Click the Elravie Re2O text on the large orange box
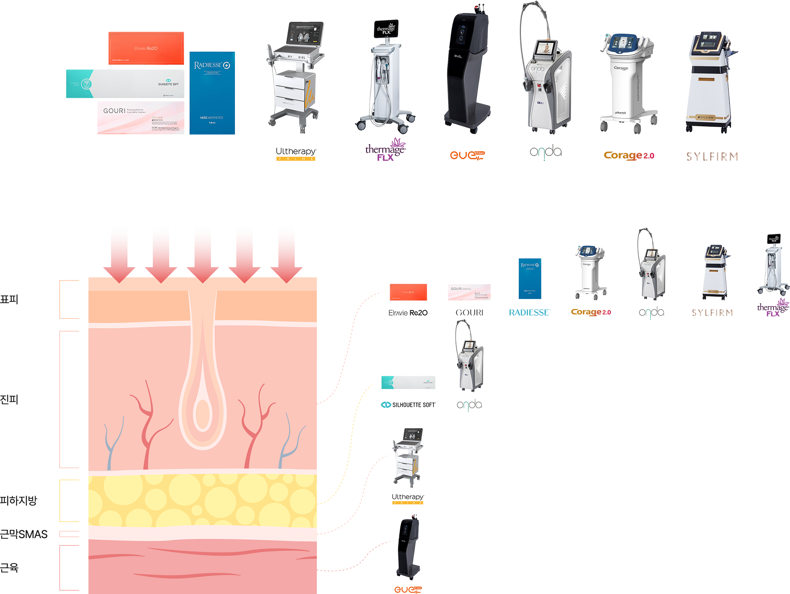tap(146, 49)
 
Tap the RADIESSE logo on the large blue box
tap(212, 65)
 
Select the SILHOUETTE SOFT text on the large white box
tap(168, 84)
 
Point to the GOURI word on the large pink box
tap(114, 111)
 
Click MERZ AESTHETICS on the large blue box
tap(211, 118)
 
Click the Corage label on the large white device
tap(621, 68)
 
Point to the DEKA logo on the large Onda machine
tap(540, 103)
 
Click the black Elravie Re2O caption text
tap(408, 313)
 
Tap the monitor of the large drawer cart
tap(305, 33)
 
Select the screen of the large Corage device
tap(621, 42)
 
